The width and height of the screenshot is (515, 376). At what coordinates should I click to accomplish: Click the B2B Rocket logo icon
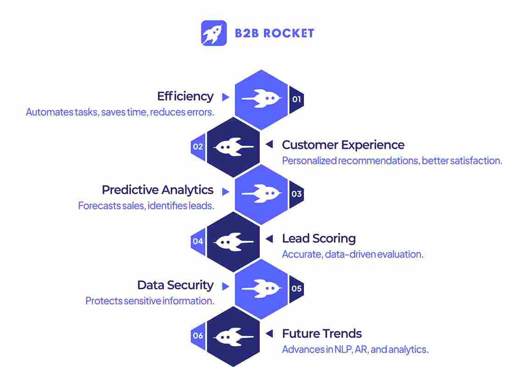[x=214, y=33]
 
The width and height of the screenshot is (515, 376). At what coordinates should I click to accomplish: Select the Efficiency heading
[x=185, y=96]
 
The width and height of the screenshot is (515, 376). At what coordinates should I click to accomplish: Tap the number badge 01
[x=296, y=99]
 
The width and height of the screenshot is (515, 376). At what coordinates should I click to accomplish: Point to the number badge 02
[x=198, y=147]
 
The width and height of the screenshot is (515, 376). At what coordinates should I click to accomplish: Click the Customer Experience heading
[x=343, y=145]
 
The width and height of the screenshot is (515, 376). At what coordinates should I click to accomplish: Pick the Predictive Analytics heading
[x=157, y=190]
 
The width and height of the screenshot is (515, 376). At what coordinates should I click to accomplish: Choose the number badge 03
[x=296, y=194]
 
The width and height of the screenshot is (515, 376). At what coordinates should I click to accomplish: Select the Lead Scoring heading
[x=319, y=239]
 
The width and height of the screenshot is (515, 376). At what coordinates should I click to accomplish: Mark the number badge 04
[x=198, y=241]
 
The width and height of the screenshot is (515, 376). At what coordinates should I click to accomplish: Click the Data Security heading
[x=175, y=285]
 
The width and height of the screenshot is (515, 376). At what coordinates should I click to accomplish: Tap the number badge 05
[x=296, y=289]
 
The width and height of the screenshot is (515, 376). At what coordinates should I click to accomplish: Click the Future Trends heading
[x=322, y=334]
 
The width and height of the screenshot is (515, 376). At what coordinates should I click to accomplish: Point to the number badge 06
[x=198, y=336]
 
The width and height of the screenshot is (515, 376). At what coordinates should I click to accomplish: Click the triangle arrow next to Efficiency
[x=225, y=97]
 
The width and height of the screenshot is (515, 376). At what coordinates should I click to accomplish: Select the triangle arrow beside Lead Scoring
[x=269, y=239]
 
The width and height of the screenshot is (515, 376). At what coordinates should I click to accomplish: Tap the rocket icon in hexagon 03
[x=261, y=194]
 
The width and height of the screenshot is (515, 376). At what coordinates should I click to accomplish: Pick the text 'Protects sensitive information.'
[x=150, y=301]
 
